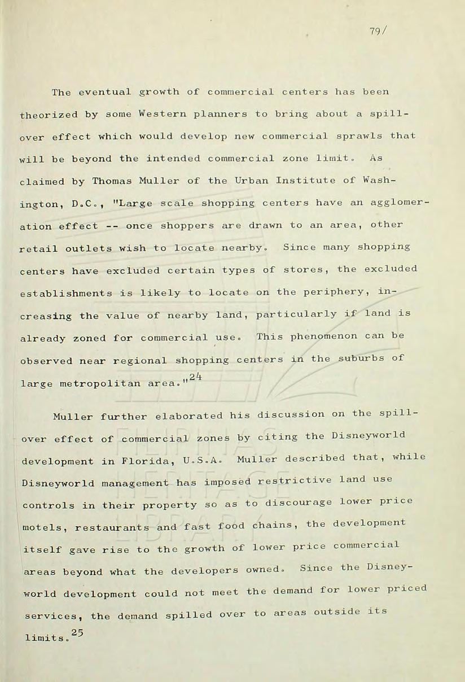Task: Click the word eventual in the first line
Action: pyautogui.click(x=104, y=92)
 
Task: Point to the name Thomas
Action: pyautogui.click(x=111, y=181)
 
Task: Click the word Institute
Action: pyautogui.click(x=305, y=181)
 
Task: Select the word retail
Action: pyautogui.click(x=39, y=248)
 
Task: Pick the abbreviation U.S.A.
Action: pyautogui.click(x=199, y=460)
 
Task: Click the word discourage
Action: pyautogui.click(x=302, y=503)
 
